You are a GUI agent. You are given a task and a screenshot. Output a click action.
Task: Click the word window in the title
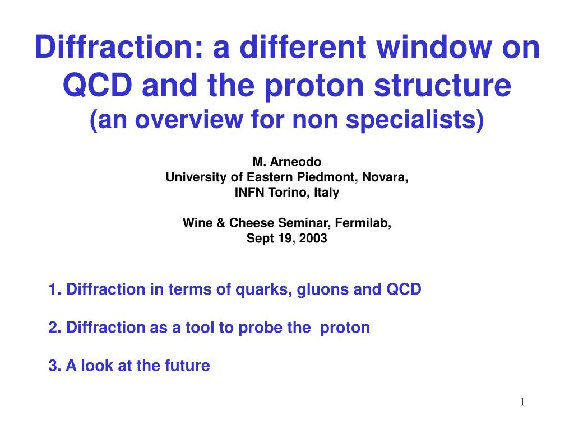coord(434,47)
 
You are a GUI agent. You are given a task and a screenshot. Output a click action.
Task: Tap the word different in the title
coord(303,47)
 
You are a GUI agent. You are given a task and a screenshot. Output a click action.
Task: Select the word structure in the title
coord(442,86)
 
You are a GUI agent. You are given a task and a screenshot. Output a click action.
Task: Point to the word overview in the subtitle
coord(188,120)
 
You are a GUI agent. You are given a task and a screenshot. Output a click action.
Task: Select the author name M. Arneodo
coord(286,162)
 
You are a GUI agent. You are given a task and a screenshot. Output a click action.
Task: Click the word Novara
coord(385,177)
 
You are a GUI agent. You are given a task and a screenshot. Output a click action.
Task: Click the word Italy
coord(327,193)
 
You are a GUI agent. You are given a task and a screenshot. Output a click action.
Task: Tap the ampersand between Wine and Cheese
coord(221,223)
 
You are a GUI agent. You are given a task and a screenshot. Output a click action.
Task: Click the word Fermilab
coord(363,223)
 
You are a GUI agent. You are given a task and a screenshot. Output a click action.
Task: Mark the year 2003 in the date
coord(313,239)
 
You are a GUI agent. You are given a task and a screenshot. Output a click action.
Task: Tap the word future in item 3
coord(187,366)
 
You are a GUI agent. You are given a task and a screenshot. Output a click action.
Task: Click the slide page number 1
coord(522,402)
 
